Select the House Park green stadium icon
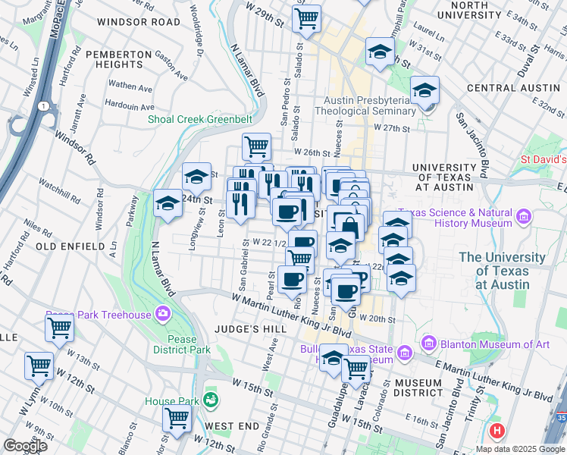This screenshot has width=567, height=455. point(211,399)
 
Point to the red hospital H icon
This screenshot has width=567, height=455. point(497,431)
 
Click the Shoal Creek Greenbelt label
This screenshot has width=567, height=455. point(189,118)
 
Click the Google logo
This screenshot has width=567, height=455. point(25,446)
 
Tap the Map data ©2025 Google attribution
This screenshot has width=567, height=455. point(519,449)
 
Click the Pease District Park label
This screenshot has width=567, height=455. point(180,344)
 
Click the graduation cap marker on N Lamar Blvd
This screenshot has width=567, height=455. point(168,203)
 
